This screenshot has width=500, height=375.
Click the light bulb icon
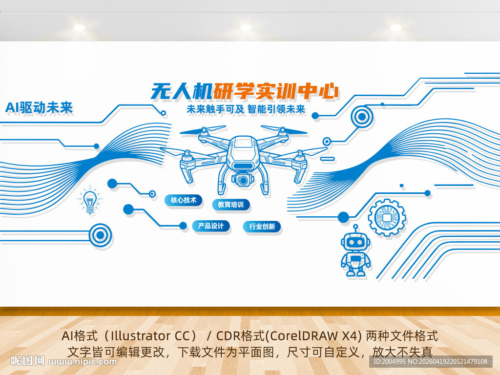coord(90,201)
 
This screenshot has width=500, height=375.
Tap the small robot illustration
coord(355,251)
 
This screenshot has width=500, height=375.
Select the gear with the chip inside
coord(387,217)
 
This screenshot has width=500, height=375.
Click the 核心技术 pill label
coord(183,200)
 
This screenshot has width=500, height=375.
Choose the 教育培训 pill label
coord(230,205)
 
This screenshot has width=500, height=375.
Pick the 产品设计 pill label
coord(210,226)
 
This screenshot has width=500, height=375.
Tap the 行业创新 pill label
coord(262,227)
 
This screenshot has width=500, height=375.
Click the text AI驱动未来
coord(39,108)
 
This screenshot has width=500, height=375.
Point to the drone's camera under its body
coord(243,180)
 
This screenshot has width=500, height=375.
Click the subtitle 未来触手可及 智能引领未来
coord(246,109)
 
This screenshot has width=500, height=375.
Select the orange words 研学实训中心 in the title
coord(276,91)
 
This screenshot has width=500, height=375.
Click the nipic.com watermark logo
coord(63,361)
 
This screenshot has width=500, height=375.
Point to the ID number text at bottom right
coord(430,361)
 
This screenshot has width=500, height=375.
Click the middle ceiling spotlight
coord(246,28)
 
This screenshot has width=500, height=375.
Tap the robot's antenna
coord(355,228)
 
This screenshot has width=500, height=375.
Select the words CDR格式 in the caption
coord(237,336)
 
